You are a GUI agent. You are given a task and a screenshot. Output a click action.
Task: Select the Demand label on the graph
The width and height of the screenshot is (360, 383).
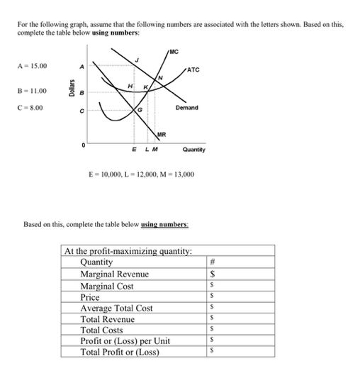pyautogui.click(x=187, y=108)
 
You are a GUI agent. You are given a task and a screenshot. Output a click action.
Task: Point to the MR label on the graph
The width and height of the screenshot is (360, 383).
pyautogui.click(x=161, y=133)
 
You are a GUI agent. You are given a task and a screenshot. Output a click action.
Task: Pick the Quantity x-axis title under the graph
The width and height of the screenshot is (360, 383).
pyautogui.click(x=193, y=150)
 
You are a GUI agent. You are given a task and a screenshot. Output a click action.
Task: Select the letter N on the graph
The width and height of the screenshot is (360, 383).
pyautogui.click(x=161, y=77)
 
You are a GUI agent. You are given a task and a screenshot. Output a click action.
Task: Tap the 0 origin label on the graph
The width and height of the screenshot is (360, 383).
pyautogui.click(x=84, y=143)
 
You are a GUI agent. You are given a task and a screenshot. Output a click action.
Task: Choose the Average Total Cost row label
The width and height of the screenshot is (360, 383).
pyautogui.click(x=116, y=308)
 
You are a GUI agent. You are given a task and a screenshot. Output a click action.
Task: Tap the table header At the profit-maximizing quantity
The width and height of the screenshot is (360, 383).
pyautogui.click(x=128, y=251)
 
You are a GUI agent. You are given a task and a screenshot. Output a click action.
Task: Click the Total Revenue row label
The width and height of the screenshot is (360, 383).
pyautogui.click(x=107, y=319)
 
